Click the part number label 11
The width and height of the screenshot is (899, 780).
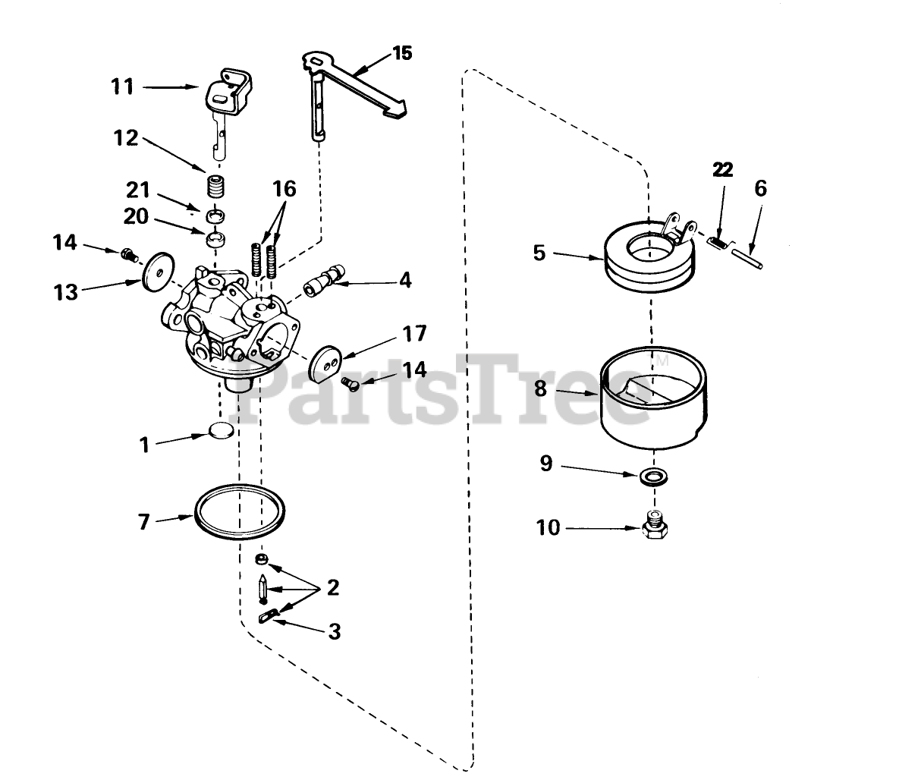tap(121, 86)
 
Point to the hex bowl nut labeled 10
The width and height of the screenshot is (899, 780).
tap(654, 526)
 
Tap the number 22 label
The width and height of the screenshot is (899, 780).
tap(722, 170)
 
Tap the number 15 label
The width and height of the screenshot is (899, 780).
tap(402, 53)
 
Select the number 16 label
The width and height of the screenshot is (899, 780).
tap(284, 188)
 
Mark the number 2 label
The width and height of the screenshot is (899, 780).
tap(332, 587)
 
